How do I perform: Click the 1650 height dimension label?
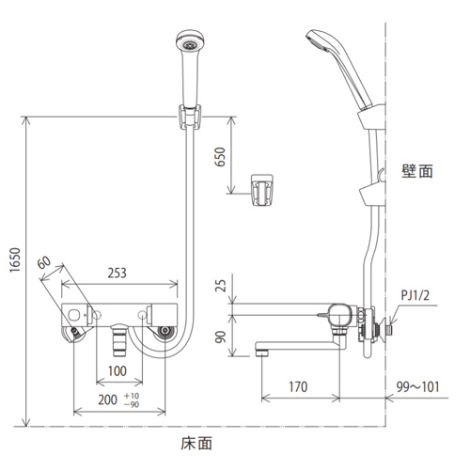tap(15, 260)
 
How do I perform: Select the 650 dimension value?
tap(221, 157)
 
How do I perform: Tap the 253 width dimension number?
tap(117, 273)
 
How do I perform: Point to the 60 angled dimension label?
tap(44, 262)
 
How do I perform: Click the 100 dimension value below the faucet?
tap(117, 371)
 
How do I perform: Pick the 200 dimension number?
tap(107, 399)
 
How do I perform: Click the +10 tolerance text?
tap(132, 396)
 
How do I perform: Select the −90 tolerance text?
tap(132, 404)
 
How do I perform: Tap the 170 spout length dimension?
tap(298, 387)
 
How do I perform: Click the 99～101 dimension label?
tap(418, 387)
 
